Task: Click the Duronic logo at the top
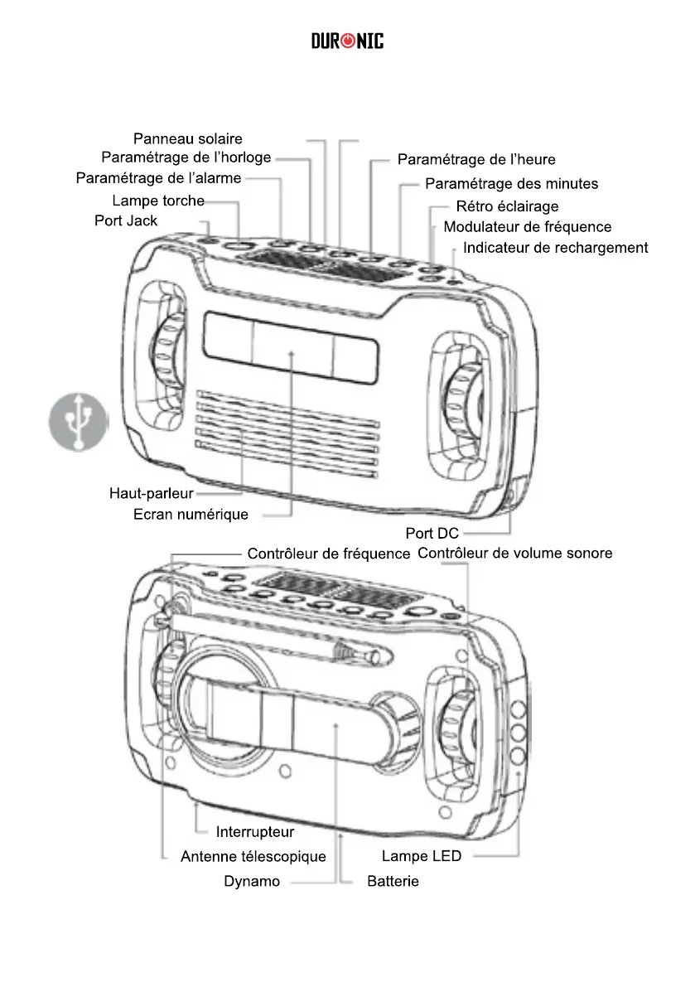[x=347, y=41]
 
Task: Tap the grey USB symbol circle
[x=77, y=422]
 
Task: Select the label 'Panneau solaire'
[x=188, y=139]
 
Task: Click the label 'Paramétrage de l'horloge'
[x=186, y=157]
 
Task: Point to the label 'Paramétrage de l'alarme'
[x=158, y=178]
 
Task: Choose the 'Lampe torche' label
[x=157, y=201]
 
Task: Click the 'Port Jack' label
[x=126, y=220]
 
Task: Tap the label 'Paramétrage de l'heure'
[x=476, y=159]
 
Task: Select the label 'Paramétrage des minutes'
[x=511, y=184]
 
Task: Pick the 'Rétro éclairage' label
[x=507, y=206]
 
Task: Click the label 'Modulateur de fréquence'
[x=528, y=227]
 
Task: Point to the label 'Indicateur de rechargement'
[x=555, y=248]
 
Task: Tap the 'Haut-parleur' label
[x=151, y=494]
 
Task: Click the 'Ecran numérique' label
[x=191, y=515]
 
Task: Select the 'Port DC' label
[x=432, y=534]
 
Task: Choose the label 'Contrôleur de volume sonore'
[x=515, y=553]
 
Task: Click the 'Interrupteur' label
[x=255, y=831]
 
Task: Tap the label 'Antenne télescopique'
[x=253, y=857]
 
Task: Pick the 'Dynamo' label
[x=252, y=882]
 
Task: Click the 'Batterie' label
[x=393, y=882]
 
